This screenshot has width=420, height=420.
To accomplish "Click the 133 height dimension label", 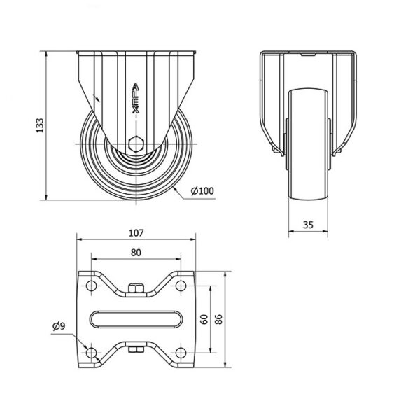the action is pyautogui.click(x=40, y=125).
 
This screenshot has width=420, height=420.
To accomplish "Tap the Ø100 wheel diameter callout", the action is pyautogui.click(x=202, y=190).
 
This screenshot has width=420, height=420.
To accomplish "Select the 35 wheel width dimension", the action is pyautogui.click(x=308, y=225).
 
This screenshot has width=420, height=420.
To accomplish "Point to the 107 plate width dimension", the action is pyautogui.click(x=136, y=233).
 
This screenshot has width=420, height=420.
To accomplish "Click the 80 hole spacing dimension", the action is pyautogui.click(x=136, y=253).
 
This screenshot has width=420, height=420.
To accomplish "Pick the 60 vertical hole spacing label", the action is pyautogui.click(x=204, y=319).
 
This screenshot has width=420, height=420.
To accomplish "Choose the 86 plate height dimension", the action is pyautogui.click(x=219, y=319).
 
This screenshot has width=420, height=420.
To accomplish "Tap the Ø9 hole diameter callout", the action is pyautogui.click(x=59, y=326).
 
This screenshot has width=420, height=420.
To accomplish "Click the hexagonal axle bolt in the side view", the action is pyautogui.click(x=136, y=144).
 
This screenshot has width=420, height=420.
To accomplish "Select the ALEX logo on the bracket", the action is pyautogui.click(x=136, y=99).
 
